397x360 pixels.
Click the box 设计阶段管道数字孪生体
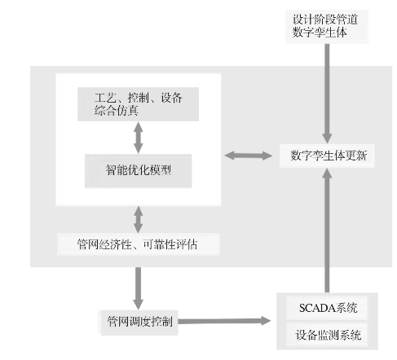[327, 26]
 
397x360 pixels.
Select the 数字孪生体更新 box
[327, 156]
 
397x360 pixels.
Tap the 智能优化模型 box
[139, 171]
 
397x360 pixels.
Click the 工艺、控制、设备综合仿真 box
[139, 104]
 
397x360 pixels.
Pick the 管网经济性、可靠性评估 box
[138, 244]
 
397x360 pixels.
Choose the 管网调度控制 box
[139, 323]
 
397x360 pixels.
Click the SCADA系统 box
[327, 308]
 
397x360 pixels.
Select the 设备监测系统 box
[327, 335]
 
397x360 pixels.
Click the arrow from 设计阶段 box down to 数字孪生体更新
[327, 94]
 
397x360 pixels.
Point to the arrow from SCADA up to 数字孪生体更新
[327, 230]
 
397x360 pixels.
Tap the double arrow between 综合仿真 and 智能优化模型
[139, 138]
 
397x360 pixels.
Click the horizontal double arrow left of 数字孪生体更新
[249, 156]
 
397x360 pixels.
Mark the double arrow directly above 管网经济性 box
[139, 220]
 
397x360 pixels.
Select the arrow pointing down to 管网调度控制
[139, 288]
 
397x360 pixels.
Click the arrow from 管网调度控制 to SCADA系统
[225, 321]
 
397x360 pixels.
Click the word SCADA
[317, 308]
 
